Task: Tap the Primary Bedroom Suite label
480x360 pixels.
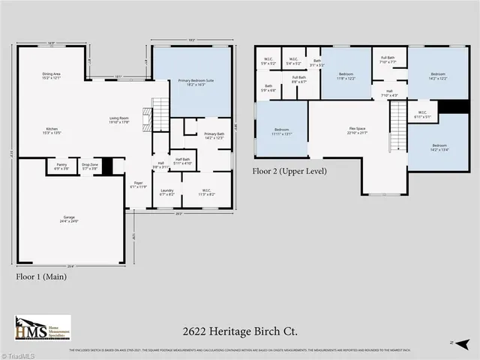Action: click(193, 80)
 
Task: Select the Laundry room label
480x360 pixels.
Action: click(166, 190)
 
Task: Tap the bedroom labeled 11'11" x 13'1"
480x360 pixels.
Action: click(282, 132)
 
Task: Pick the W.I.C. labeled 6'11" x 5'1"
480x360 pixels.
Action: click(422, 116)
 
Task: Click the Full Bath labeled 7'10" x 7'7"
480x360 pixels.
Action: click(388, 60)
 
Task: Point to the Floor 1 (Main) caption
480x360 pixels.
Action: click(41, 277)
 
